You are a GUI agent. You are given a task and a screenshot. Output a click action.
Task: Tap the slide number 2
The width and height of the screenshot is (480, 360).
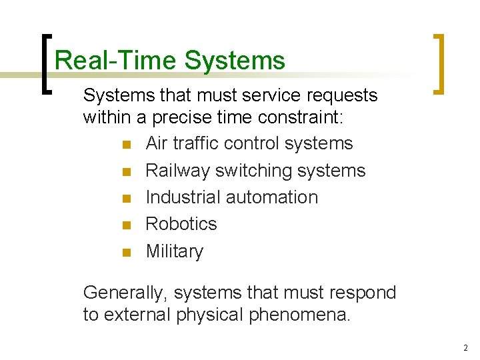[465, 348]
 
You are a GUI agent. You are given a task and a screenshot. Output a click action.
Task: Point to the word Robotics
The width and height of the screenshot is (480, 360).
[181, 224]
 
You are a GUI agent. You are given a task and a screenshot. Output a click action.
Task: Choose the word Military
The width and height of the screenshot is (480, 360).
[175, 251]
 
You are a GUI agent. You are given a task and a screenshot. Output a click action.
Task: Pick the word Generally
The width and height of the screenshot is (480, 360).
[121, 293]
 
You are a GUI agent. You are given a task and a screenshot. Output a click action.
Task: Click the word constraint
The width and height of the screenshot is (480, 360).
[297, 118]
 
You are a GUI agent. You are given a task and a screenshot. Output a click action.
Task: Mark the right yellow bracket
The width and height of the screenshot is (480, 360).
[439, 63]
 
